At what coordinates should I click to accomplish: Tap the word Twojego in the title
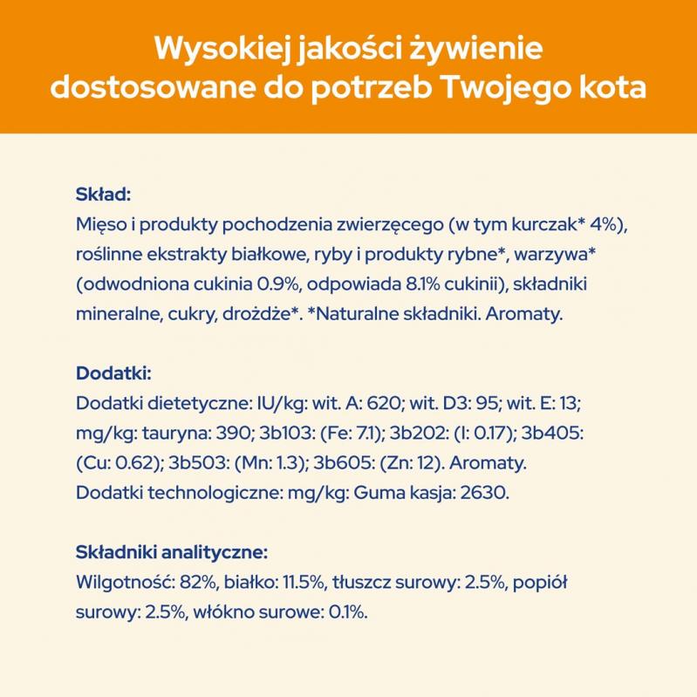(x=520, y=89)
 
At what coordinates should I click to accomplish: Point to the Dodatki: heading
(x=114, y=373)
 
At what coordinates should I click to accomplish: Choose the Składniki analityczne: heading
(x=172, y=552)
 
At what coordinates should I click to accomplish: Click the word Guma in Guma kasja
(x=376, y=493)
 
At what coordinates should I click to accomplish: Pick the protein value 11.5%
(x=302, y=583)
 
